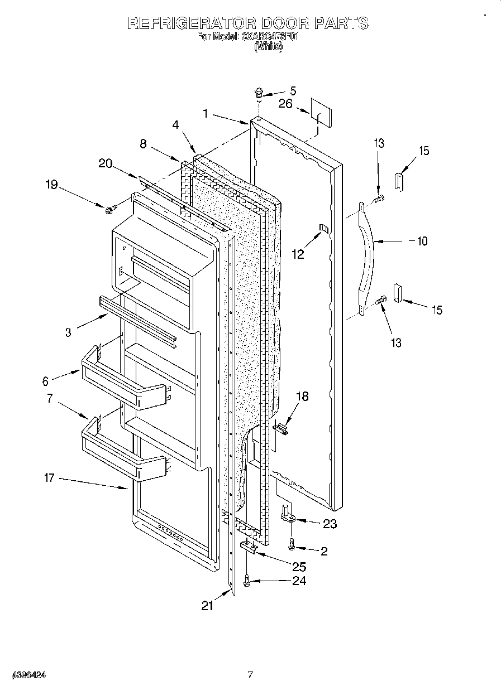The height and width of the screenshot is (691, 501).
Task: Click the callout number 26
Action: click(x=285, y=104)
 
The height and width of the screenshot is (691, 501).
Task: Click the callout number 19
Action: click(x=51, y=184)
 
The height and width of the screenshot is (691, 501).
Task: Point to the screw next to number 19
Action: click(x=109, y=209)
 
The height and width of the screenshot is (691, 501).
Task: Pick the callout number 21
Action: click(x=208, y=606)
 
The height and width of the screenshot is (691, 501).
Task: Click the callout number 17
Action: click(x=49, y=478)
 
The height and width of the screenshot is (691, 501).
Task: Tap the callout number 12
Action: click(x=298, y=254)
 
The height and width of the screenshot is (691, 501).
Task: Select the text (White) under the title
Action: click(x=268, y=47)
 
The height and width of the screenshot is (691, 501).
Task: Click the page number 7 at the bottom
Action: click(x=250, y=675)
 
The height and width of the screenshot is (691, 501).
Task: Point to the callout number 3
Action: click(x=68, y=332)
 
